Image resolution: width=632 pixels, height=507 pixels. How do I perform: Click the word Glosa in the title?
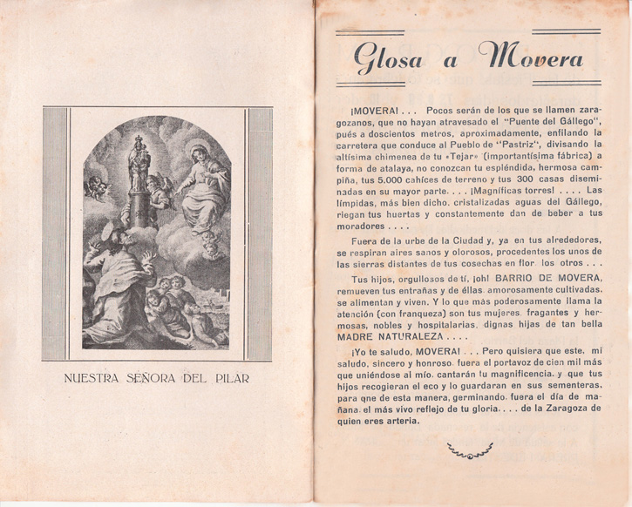(x=386, y=58)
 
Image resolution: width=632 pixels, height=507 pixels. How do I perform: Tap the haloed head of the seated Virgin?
(x=200, y=155)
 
